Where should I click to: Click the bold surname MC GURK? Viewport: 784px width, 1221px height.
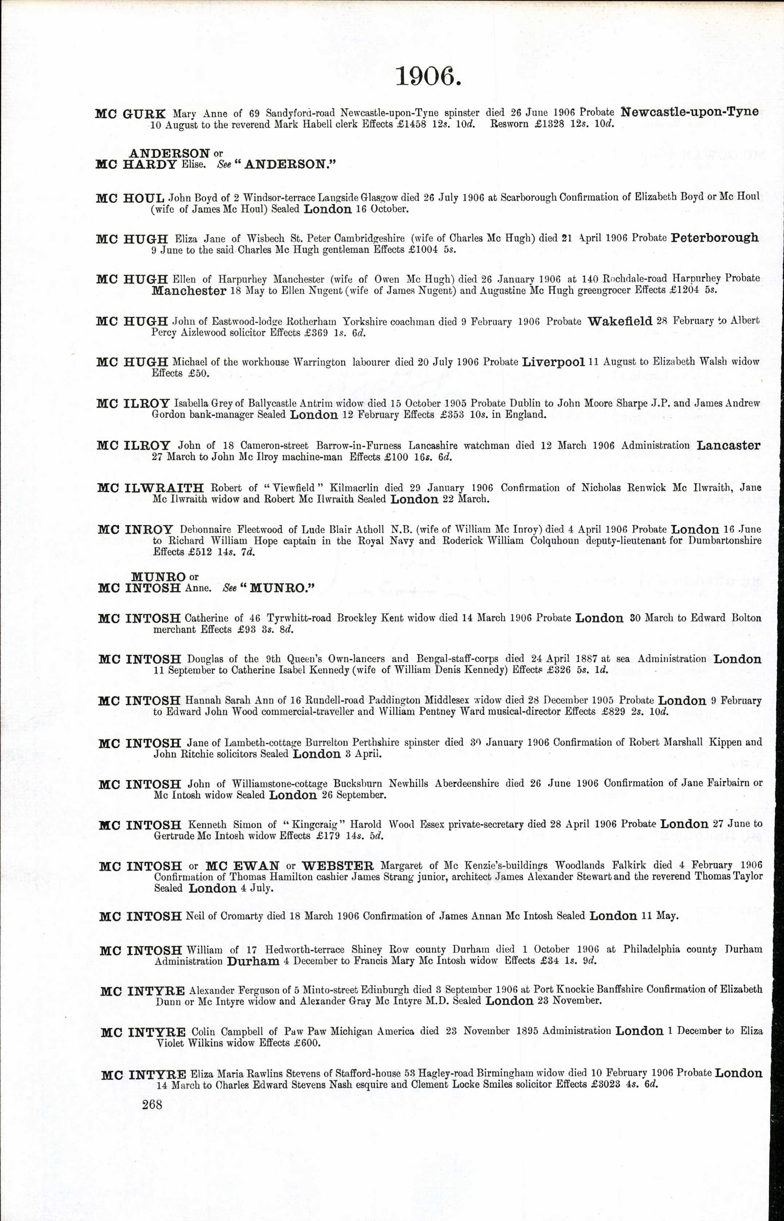(x=130, y=114)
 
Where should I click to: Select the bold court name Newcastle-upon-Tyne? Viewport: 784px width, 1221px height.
(x=690, y=112)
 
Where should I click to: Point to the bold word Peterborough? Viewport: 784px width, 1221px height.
(x=714, y=238)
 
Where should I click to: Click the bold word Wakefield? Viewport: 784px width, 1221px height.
(x=620, y=321)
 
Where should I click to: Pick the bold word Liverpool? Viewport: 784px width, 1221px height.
(x=553, y=362)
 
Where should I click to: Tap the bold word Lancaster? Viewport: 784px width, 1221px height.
(x=729, y=445)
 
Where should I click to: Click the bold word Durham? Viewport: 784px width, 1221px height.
(x=253, y=961)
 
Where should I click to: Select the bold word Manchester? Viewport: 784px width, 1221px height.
(x=189, y=291)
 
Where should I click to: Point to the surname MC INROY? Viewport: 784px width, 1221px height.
(x=136, y=530)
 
